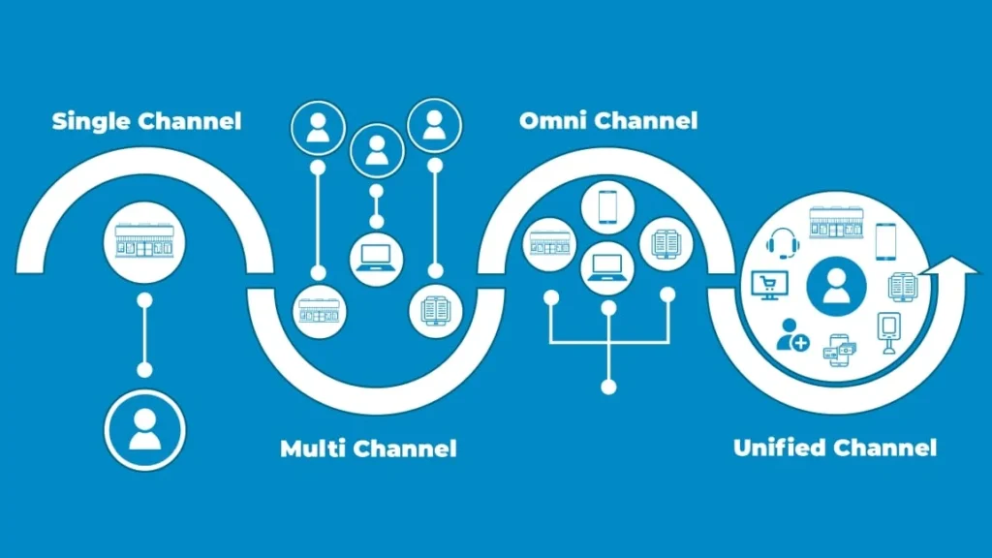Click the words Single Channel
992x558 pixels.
pos(146,121)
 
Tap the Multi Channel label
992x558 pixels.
pos(368,449)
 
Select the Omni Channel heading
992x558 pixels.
pos(608,121)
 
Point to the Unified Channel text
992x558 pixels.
pos(835,448)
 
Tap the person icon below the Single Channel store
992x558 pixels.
pos(144,426)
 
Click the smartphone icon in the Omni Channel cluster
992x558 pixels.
pos(607,205)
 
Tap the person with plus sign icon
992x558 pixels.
pos(791,334)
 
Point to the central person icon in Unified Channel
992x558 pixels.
pos(835,286)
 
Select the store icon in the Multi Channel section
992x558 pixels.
pos(318,311)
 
